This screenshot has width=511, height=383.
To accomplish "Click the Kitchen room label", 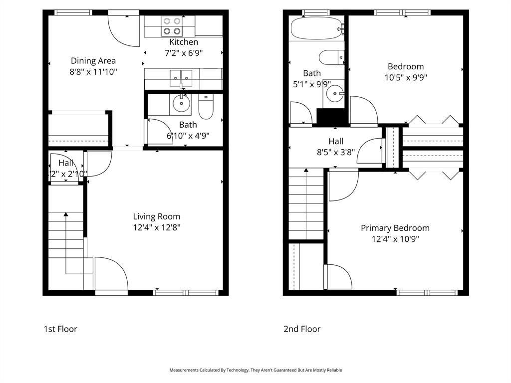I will pyautogui.click(x=184, y=42).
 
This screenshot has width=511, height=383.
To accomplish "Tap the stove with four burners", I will pyautogui.click(x=171, y=26).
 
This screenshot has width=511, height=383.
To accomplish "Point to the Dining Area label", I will pyautogui.click(x=93, y=61).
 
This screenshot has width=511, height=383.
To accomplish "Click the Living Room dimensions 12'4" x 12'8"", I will pyautogui.click(x=157, y=227).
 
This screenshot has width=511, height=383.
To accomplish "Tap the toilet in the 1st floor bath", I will pyautogui.click(x=206, y=105).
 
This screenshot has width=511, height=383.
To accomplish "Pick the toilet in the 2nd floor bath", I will pyautogui.click(x=331, y=57).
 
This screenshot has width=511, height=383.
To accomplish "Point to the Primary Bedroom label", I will pyautogui.click(x=395, y=228).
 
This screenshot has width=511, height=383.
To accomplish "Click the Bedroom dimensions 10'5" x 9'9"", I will pyautogui.click(x=406, y=77).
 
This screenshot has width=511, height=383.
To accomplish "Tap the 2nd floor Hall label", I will pyautogui.click(x=336, y=142).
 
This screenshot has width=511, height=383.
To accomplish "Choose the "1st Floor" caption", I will pyautogui.click(x=60, y=329).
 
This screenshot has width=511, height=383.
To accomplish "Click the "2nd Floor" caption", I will pyautogui.click(x=302, y=329).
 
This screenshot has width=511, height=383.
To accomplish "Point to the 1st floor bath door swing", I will pyautogui.click(x=158, y=131).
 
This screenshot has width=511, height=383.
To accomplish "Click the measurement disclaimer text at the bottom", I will pyautogui.click(x=255, y=370).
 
